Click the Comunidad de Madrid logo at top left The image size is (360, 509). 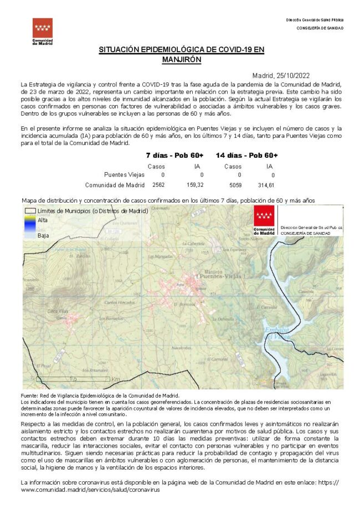(x=43, y=32)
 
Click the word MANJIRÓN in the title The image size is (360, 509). (x=182, y=59)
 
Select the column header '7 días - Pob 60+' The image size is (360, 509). (x=174, y=155)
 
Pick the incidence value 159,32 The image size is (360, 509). (x=196, y=185)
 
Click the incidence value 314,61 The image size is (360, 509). (x=270, y=185)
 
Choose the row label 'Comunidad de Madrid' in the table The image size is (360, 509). (x=115, y=185)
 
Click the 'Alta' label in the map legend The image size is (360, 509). (x=42, y=220)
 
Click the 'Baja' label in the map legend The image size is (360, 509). (x=43, y=235)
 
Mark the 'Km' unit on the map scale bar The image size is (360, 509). (x=116, y=379)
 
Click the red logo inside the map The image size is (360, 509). (x=264, y=220)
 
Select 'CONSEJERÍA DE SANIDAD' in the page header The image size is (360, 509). (x=320, y=28)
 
